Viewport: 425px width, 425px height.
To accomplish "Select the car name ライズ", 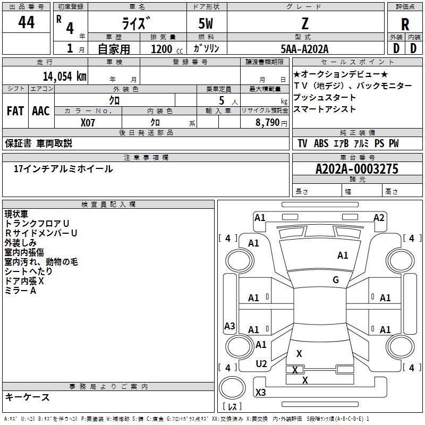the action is pyautogui.click(x=137, y=22).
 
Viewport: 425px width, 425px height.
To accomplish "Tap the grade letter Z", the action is pyautogui.click(x=305, y=23).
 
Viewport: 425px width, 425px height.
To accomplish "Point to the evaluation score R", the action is pyautogui.click(x=405, y=24).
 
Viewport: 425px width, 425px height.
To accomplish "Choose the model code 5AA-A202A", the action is pyautogui.click(x=305, y=49).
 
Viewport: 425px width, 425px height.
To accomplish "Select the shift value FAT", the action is pyautogui.click(x=15, y=111).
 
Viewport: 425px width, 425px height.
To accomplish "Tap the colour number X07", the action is pyautogui.click(x=88, y=122).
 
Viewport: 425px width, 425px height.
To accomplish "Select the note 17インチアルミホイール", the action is pyautogui.click(x=63, y=169).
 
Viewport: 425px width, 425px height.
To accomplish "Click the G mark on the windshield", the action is pyautogui.click(x=336, y=280).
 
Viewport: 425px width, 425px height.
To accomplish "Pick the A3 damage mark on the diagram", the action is pyautogui.click(x=229, y=326).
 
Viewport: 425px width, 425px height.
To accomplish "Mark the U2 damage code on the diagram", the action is pyautogui.click(x=261, y=363).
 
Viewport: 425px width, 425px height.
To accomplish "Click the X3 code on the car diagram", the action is pyautogui.click(x=260, y=393).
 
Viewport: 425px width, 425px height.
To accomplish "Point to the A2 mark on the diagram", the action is pyautogui.click(x=379, y=217).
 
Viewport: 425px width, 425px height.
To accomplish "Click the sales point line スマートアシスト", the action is pyautogui.click(x=324, y=109).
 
